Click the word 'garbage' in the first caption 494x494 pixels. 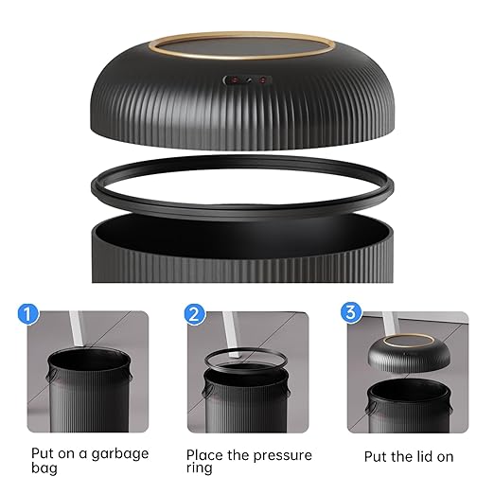pyautogui.click(x=117, y=453)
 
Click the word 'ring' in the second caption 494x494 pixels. pyautogui.click(x=200, y=468)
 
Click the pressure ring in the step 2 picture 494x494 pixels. pyautogui.click(x=243, y=361)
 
